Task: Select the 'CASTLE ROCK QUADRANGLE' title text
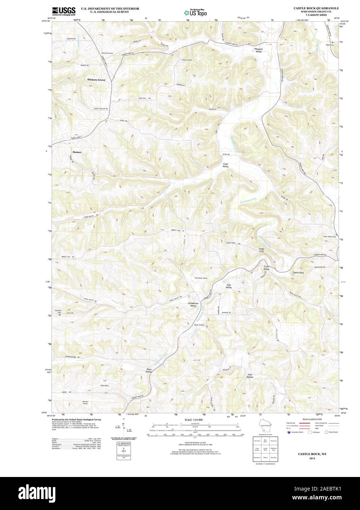click(316, 8)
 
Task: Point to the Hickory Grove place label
click(96, 80)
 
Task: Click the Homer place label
click(77, 152)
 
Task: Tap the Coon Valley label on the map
click(225, 165)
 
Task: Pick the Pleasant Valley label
click(258, 50)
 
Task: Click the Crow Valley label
click(267, 268)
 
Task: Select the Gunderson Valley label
click(193, 305)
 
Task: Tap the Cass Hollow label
click(250, 376)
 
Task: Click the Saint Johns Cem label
click(329, 236)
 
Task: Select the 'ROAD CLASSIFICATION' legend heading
click(313, 419)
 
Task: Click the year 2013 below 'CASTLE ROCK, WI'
click(312, 459)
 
